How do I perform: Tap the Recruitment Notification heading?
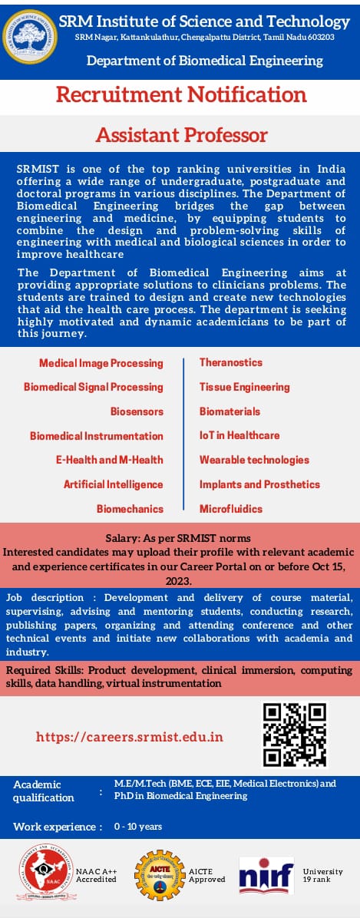tap(182, 95)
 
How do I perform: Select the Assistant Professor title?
tap(182, 135)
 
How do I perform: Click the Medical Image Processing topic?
tap(101, 362)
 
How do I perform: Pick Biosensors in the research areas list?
tap(137, 411)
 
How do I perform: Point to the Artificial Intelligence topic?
tap(114, 484)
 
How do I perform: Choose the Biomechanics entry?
tap(130, 509)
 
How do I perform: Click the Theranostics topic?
tap(231, 362)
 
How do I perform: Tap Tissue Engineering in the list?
tap(245, 387)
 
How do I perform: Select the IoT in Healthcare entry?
tap(239, 435)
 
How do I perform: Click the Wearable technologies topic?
tap(254, 460)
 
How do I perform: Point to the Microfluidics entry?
tap(231, 509)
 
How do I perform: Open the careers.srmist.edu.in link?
tap(130, 737)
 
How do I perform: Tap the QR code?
tap(295, 735)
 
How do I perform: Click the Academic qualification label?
tap(44, 791)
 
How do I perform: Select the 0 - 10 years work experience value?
tap(138, 827)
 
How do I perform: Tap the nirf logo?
tap(266, 875)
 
